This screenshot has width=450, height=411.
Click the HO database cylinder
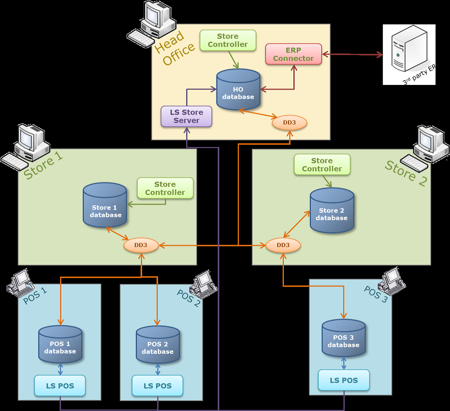pos(238,90)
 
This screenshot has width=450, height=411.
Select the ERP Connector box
pos(293,54)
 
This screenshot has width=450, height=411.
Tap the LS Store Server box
pos(187,116)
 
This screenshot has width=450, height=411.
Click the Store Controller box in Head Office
pos(228,40)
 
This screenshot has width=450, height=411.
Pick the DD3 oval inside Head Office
pos(289,123)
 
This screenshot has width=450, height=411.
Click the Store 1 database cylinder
pos(105,205)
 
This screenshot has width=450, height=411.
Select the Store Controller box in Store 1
pos(165,188)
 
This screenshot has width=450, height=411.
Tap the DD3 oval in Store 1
pos(141,245)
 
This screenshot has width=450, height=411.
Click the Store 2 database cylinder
pos(332,210)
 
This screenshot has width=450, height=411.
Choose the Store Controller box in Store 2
pos(322,165)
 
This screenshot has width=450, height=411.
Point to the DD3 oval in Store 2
pos(283,245)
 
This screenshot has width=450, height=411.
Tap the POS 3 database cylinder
pos(343,338)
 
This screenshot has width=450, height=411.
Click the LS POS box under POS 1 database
pos(60,386)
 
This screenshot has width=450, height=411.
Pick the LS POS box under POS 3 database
pos(344,380)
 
